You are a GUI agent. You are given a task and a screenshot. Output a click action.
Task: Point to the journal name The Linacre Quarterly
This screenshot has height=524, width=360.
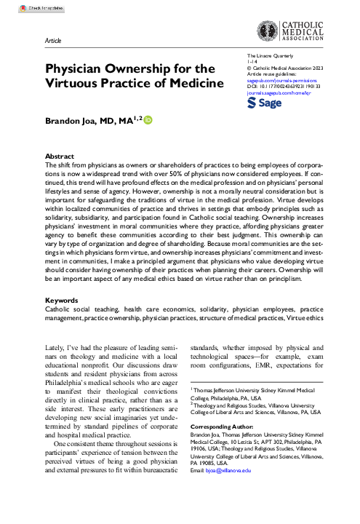269,56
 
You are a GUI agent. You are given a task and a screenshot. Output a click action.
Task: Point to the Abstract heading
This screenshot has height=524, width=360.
59,156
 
